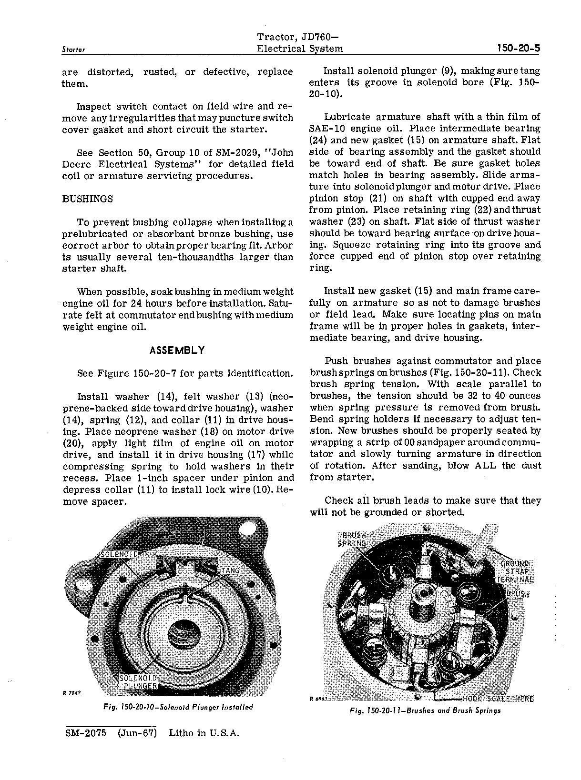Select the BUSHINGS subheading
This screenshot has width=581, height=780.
(x=88, y=199)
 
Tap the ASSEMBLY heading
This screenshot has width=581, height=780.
(x=177, y=350)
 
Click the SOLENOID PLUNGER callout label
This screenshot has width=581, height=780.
(x=138, y=681)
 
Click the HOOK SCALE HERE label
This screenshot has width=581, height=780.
(x=497, y=699)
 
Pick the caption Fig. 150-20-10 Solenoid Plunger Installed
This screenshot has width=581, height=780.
(x=178, y=707)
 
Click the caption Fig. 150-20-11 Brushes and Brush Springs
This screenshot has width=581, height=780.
(x=425, y=710)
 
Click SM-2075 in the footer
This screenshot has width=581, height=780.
(x=87, y=733)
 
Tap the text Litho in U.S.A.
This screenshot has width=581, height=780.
(x=204, y=733)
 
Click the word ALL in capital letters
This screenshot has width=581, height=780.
(x=486, y=466)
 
